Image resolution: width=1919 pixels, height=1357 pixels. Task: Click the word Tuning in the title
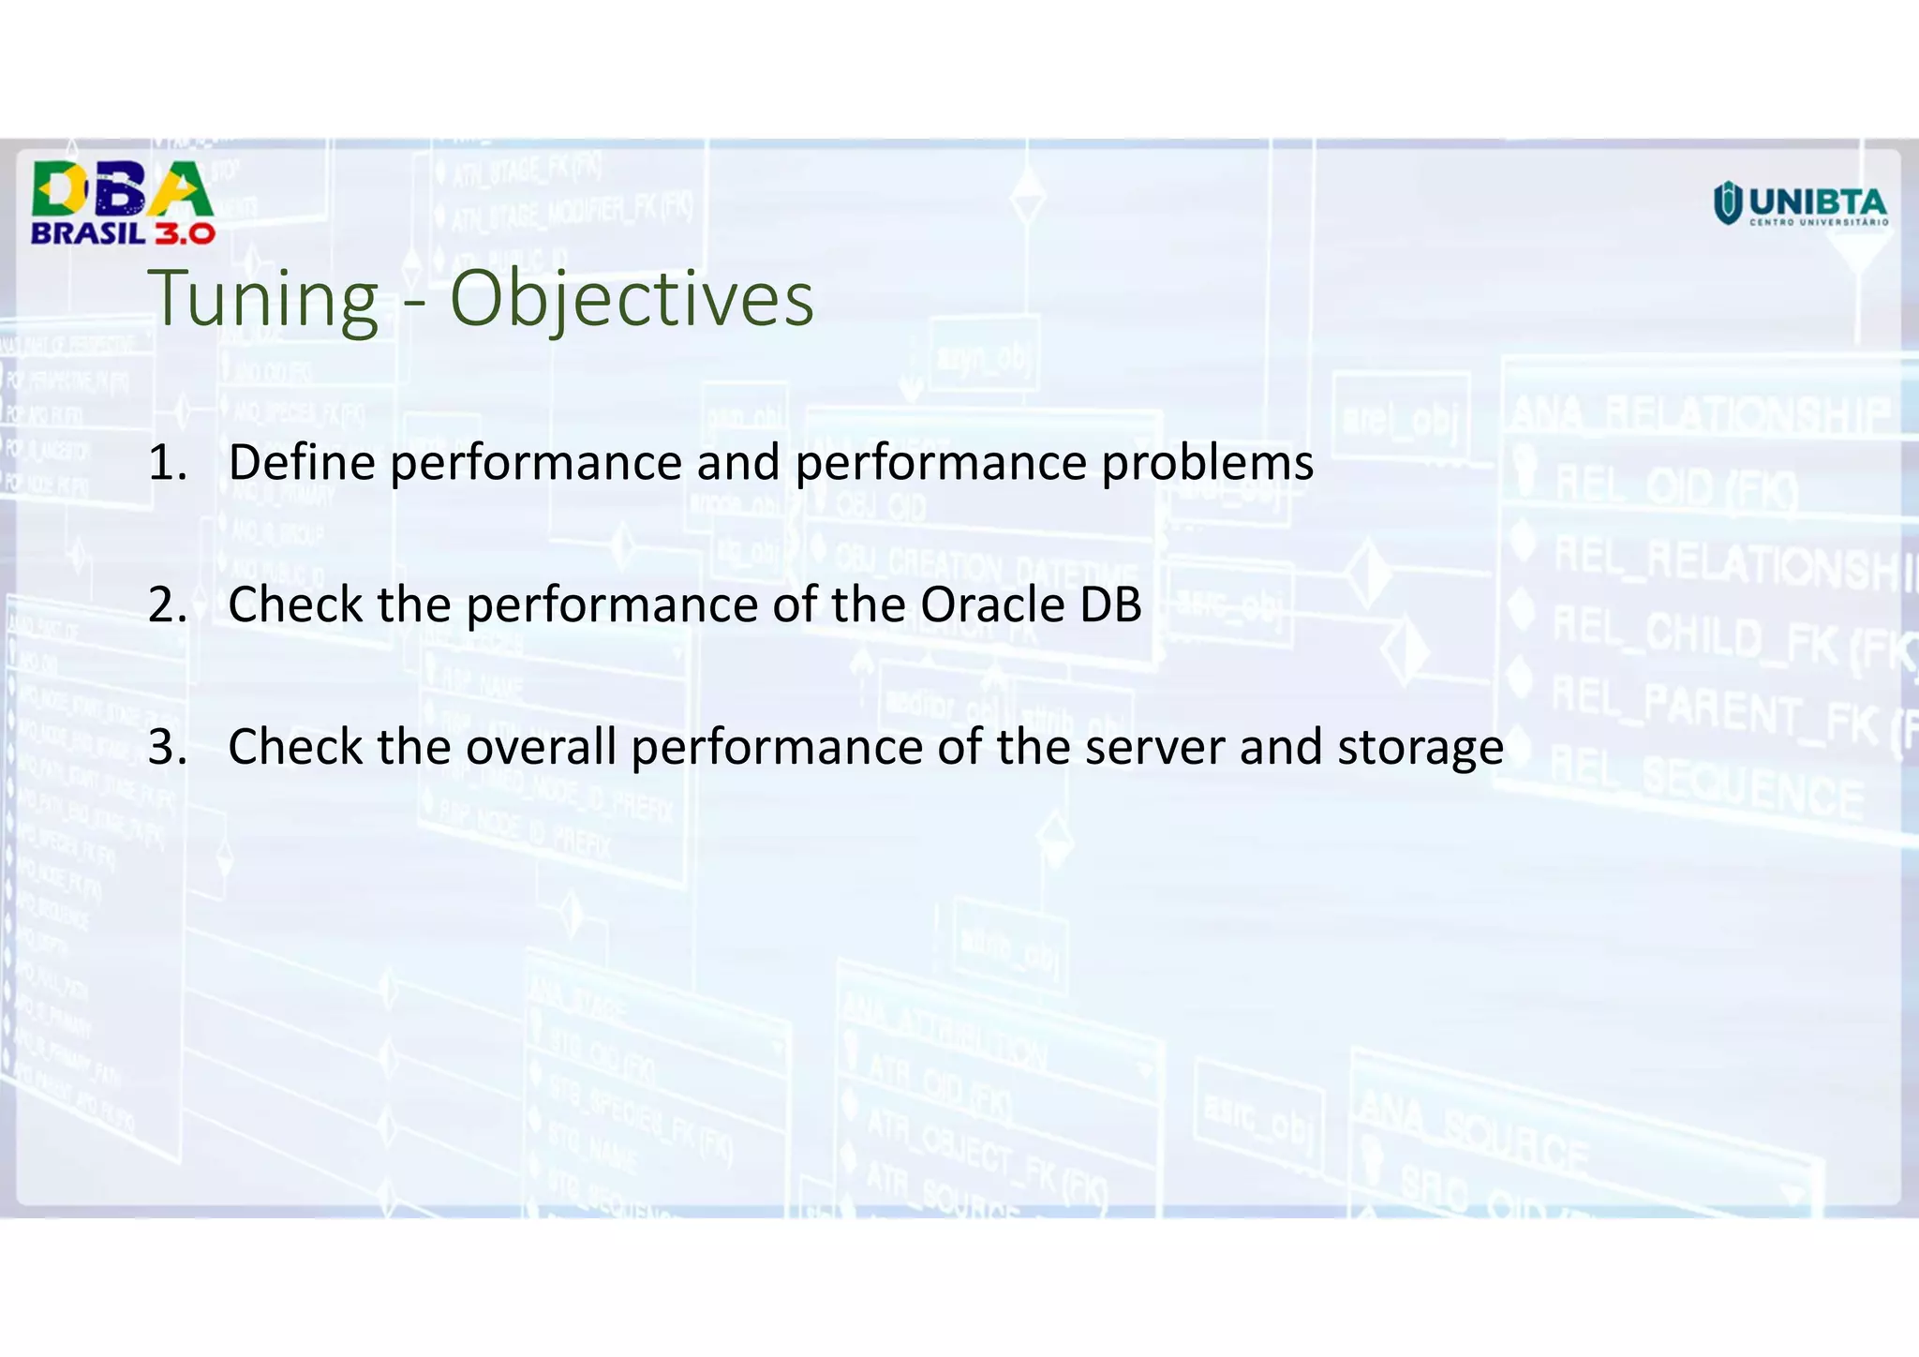click(264, 299)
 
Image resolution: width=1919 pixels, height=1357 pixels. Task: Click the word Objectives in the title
click(632, 299)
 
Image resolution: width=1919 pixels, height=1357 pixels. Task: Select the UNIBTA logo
click(1800, 204)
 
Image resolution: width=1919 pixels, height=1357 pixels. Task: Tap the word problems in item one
click(1207, 463)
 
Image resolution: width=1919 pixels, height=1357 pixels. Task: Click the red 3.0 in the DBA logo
click(185, 233)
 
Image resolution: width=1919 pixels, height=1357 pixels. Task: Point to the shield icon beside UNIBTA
click(1728, 203)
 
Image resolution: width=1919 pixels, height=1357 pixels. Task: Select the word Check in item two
click(295, 605)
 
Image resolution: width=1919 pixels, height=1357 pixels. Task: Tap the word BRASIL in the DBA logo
click(89, 233)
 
